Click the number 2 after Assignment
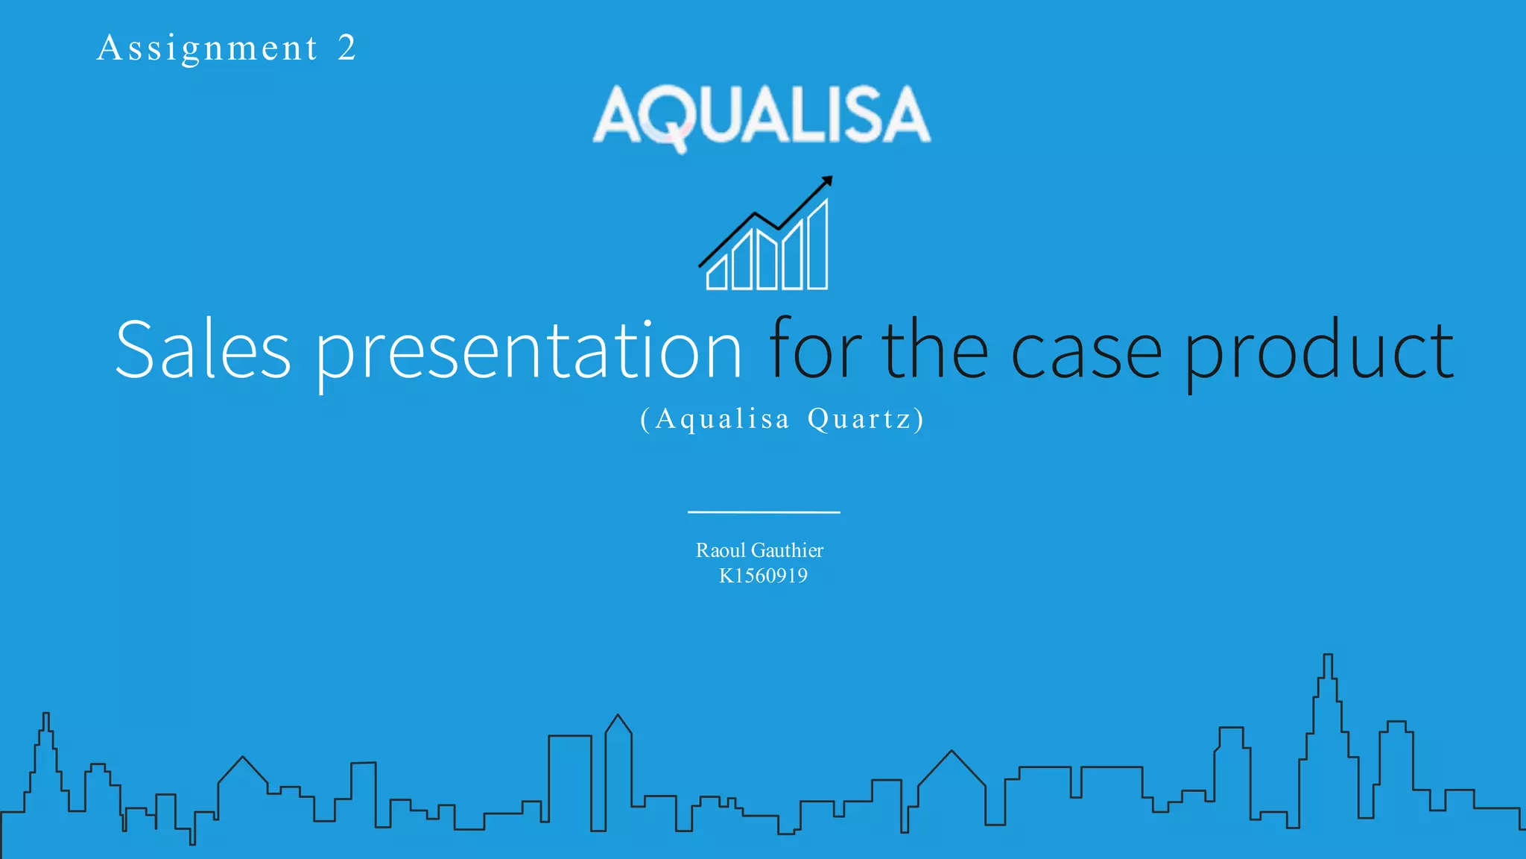[x=346, y=48]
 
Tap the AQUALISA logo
[x=762, y=116]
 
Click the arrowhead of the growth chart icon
[x=826, y=181]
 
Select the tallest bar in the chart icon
[x=817, y=246]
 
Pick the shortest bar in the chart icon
[x=717, y=274]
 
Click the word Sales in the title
[x=203, y=350]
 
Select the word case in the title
[x=1086, y=351]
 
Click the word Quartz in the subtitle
[x=860, y=419]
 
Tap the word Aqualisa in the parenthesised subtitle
[x=722, y=419]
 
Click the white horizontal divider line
[x=764, y=512]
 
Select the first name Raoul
[x=721, y=550]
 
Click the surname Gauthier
[x=788, y=550]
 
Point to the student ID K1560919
[x=763, y=576]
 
